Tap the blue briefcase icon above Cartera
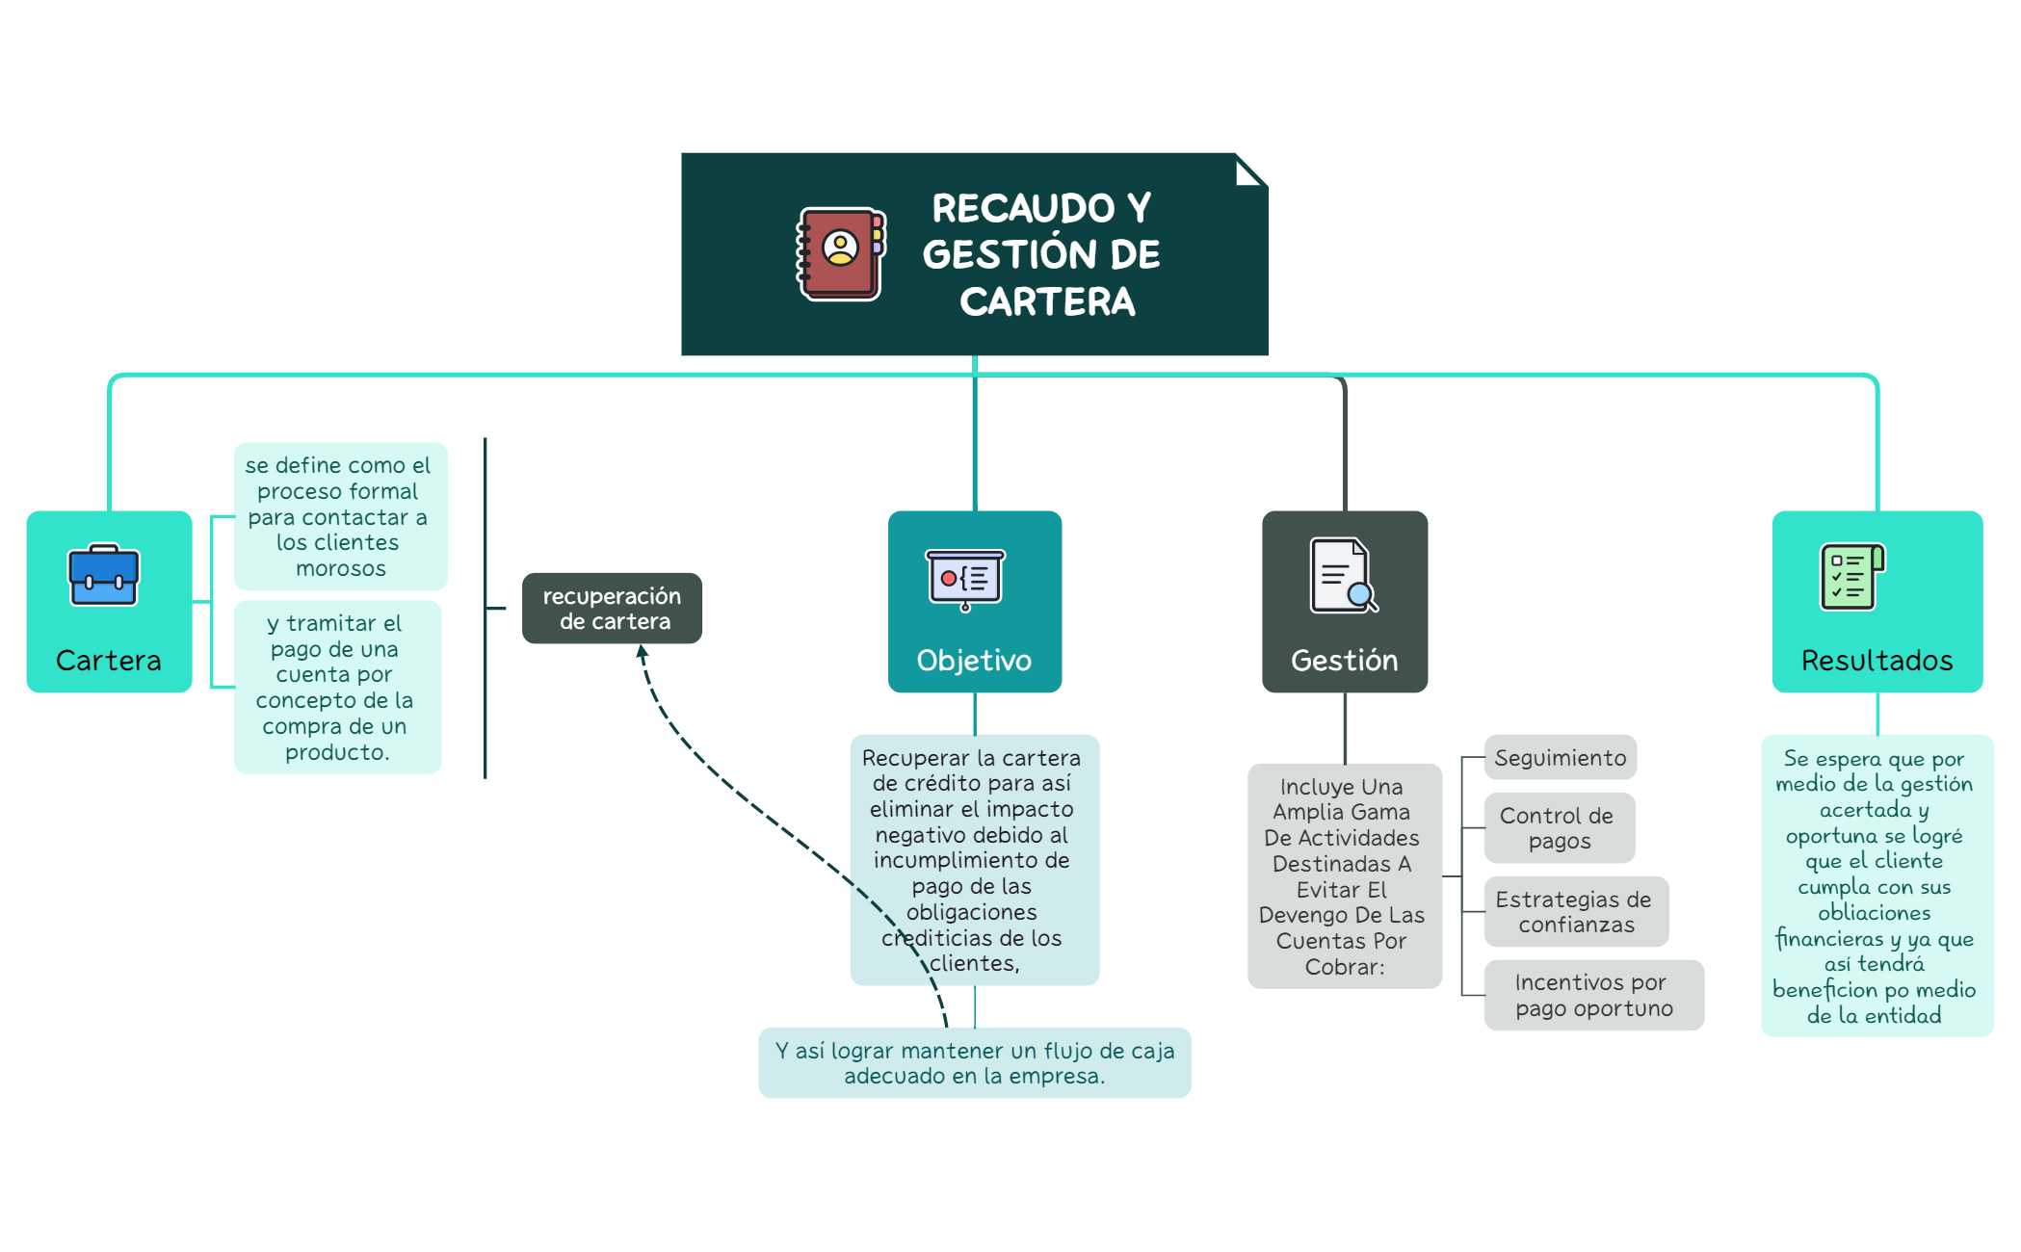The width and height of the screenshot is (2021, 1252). (x=104, y=576)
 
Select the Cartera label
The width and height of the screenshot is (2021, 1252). (x=109, y=661)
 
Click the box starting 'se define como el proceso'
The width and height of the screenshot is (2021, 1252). (x=339, y=516)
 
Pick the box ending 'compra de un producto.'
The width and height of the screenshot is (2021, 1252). (x=337, y=687)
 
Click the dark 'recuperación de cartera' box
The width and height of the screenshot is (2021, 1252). (x=612, y=609)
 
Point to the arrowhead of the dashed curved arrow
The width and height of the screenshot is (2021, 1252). (x=642, y=652)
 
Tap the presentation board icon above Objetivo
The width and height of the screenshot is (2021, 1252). (x=965, y=579)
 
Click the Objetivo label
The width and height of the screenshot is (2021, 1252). (x=974, y=661)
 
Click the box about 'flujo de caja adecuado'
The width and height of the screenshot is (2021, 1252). (x=975, y=1063)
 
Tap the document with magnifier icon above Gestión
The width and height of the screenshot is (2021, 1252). (x=1343, y=576)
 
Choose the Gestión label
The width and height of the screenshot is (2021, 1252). (x=1344, y=661)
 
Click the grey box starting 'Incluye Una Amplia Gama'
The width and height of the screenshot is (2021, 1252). (x=1343, y=876)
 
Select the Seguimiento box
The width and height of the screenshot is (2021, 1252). (x=1560, y=758)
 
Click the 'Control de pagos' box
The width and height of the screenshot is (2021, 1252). (x=1558, y=828)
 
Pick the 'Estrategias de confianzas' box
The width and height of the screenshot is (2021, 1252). (x=1574, y=912)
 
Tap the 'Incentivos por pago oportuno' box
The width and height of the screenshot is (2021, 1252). (x=1593, y=996)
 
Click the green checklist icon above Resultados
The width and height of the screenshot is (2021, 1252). (x=1850, y=576)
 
